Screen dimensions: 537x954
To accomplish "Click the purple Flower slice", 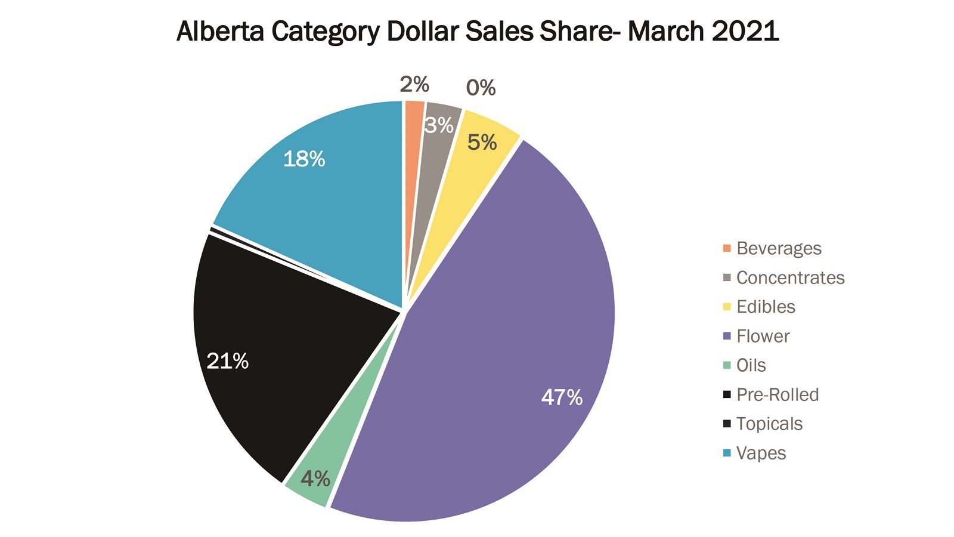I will click(507, 334).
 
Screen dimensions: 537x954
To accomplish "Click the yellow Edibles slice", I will click(477, 149).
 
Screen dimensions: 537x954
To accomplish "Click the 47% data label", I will click(562, 397).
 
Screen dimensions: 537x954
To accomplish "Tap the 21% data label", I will click(227, 361).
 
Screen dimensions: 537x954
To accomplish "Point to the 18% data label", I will click(304, 159).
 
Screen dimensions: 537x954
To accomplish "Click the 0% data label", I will click(481, 88).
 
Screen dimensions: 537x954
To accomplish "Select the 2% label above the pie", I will click(414, 85).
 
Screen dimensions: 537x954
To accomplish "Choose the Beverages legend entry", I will click(779, 248).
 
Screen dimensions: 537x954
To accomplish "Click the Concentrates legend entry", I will click(790, 277).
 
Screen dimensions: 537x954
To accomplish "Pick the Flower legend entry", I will click(763, 336).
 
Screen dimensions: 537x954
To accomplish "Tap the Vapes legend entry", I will click(761, 453).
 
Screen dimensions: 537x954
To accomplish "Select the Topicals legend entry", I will click(769, 424).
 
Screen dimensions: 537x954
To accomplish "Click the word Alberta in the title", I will click(221, 31).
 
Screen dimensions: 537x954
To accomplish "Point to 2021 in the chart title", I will click(745, 31).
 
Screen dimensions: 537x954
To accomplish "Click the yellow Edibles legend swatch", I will click(727, 307).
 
